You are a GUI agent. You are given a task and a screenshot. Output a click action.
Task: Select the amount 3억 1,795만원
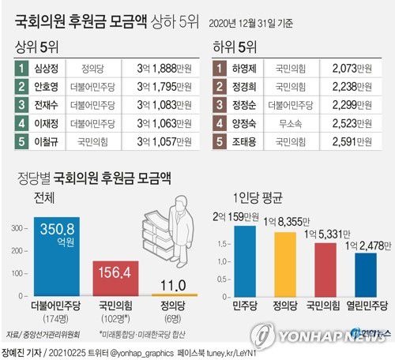pos(160,88)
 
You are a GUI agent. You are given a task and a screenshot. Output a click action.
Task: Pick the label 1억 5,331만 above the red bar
pos(324,232)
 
